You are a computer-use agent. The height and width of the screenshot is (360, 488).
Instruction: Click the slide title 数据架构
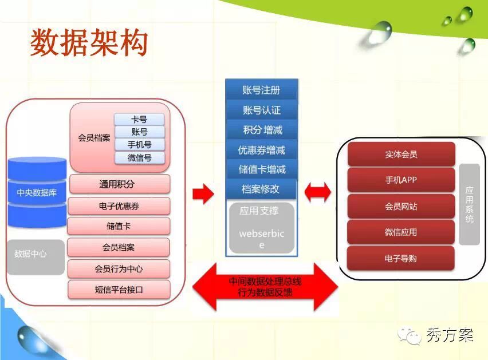pyautogui.click(x=89, y=43)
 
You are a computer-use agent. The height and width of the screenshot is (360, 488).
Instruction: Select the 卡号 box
pyautogui.click(x=139, y=120)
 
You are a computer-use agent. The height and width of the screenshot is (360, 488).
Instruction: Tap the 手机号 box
pyautogui.click(x=139, y=145)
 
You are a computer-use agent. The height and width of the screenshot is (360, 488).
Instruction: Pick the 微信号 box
pyautogui.click(x=139, y=157)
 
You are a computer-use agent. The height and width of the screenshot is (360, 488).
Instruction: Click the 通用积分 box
pyautogui.click(x=120, y=184)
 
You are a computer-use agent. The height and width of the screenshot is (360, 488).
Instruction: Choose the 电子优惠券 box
pyautogui.click(x=119, y=206)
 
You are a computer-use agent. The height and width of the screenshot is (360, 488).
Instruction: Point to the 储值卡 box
pyautogui.click(x=119, y=226)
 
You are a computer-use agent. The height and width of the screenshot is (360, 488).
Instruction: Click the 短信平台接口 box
pyautogui.click(x=119, y=290)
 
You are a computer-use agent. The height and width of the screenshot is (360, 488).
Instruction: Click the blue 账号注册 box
pyautogui.click(x=261, y=90)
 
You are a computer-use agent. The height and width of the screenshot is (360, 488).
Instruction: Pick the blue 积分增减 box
pyautogui.click(x=261, y=130)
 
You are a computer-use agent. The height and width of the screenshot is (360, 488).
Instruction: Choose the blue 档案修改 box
pyautogui.click(x=261, y=189)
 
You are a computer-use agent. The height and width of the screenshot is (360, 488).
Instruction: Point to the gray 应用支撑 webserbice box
pyautogui.click(x=261, y=227)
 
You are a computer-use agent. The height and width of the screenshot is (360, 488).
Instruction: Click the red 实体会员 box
pyautogui.click(x=401, y=155)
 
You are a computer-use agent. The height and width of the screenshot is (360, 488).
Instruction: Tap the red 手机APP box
pyautogui.click(x=401, y=180)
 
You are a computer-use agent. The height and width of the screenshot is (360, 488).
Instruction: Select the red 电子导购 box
pyautogui.click(x=401, y=259)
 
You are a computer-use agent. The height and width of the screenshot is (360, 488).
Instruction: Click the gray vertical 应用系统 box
pyautogui.click(x=469, y=204)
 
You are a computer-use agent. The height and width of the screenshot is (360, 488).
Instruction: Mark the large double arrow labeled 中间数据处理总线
pyautogui.click(x=265, y=287)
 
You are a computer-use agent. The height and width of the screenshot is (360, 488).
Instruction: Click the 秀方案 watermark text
pyautogui.click(x=449, y=335)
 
